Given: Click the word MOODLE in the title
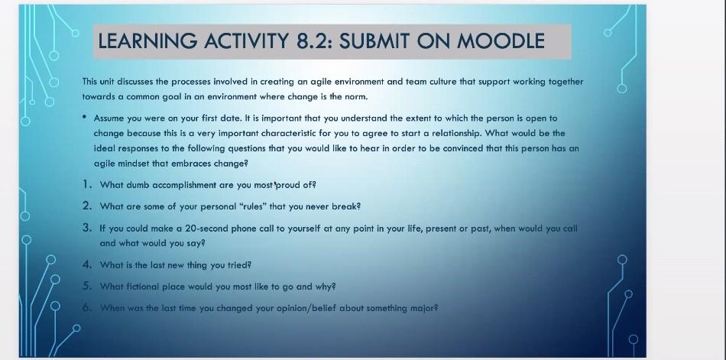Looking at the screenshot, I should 501,41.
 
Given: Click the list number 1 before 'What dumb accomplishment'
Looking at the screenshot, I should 87,184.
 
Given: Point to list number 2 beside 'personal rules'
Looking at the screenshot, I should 87,206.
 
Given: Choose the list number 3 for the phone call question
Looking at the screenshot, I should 87,228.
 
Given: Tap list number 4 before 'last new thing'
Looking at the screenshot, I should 87,264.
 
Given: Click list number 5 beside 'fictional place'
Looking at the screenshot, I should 87,286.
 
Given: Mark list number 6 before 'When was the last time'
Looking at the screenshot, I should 87,307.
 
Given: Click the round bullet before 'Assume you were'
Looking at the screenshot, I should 85,118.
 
